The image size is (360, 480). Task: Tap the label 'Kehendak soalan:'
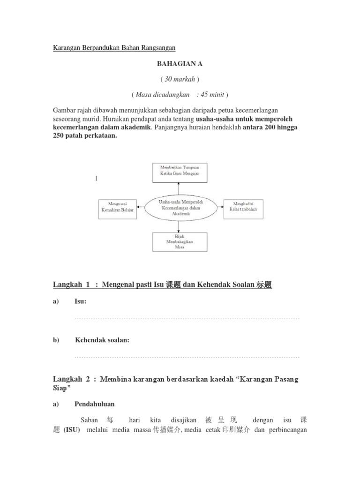[102, 340]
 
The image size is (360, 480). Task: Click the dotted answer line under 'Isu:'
[187, 319]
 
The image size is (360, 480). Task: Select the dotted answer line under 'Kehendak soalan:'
[187, 357]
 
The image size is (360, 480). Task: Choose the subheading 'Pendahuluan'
[94, 404]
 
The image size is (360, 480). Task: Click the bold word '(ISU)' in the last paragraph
[72, 430]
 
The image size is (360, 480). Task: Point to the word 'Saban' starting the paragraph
[90, 420]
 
